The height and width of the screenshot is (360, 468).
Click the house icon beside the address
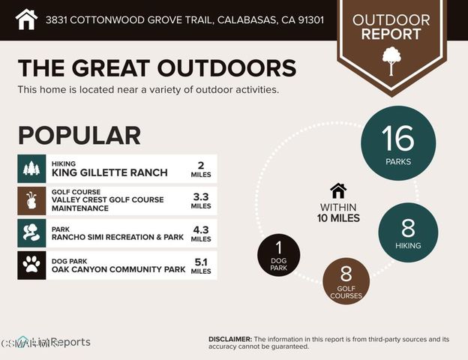tap(26, 19)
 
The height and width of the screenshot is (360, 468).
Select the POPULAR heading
tap(79, 135)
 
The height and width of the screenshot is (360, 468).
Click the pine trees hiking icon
tap(31, 169)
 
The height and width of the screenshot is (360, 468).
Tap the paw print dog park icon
tap(31, 265)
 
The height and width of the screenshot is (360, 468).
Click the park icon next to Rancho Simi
tap(31, 232)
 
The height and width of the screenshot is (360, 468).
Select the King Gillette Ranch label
tap(109, 172)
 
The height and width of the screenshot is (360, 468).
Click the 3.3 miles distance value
tap(201, 200)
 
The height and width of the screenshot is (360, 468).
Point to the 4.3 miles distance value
tap(201, 232)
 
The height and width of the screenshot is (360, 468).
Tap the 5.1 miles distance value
tap(201, 265)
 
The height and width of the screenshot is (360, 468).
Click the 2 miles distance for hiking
tap(201, 169)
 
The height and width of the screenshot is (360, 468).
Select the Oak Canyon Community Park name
tap(117, 268)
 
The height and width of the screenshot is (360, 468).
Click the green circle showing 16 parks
tap(397, 142)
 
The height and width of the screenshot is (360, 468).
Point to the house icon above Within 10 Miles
tap(338, 190)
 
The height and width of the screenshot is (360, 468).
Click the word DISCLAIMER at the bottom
tap(230, 339)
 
